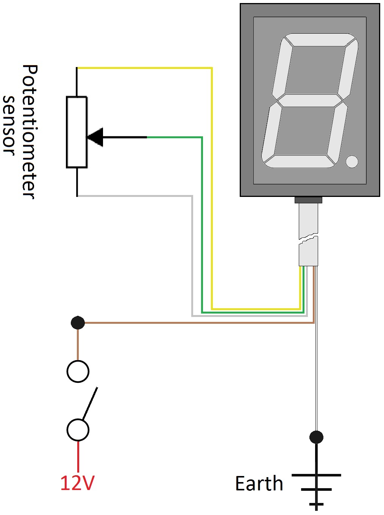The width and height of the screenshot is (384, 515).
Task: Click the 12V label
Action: pyautogui.click(x=77, y=483)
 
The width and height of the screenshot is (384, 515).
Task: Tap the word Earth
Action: pyautogui.click(x=259, y=484)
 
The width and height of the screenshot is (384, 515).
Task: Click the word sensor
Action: pyautogui.click(x=9, y=125)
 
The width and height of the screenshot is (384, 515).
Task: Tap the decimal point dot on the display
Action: pyautogui.click(x=352, y=162)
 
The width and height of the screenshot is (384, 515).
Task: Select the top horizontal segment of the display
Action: pyautogui.click(x=320, y=40)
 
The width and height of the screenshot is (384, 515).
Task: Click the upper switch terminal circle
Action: pyautogui.click(x=78, y=371)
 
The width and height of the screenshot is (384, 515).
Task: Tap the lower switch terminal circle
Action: pyautogui.click(x=78, y=430)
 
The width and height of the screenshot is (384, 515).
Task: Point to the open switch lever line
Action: pyautogui.click(x=90, y=403)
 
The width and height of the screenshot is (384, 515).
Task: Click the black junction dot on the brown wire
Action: pyautogui.click(x=78, y=323)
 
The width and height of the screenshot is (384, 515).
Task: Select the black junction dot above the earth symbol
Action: pyautogui.click(x=316, y=437)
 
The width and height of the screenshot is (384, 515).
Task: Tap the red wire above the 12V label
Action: pyautogui.click(x=78, y=456)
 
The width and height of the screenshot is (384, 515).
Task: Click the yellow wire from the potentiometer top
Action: pyautogui.click(x=144, y=68)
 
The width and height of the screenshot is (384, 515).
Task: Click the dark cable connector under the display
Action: pyautogui.click(x=308, y=200)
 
